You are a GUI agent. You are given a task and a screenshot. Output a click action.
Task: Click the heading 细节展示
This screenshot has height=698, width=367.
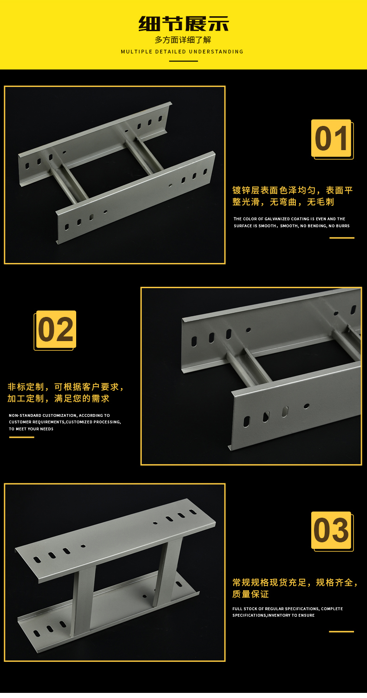183,24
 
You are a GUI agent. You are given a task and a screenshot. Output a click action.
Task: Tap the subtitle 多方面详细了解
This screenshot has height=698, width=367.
183,40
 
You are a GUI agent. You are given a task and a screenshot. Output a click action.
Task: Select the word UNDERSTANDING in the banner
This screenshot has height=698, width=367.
216,52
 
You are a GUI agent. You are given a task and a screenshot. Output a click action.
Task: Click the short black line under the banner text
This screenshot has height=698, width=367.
183,61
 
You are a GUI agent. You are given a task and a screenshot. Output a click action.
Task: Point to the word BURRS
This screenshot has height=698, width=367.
342,226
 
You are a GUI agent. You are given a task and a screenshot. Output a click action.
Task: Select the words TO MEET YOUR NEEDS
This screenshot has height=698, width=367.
31,429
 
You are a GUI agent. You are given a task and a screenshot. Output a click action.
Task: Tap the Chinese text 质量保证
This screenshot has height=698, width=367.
250,594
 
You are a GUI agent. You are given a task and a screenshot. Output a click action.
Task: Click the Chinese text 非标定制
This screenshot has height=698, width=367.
26,387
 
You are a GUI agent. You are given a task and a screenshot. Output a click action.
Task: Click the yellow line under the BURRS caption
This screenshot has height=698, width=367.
342,238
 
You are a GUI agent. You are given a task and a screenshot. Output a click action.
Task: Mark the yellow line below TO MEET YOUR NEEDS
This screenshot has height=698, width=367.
21,437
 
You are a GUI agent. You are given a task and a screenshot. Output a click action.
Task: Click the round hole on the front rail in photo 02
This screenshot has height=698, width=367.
306,406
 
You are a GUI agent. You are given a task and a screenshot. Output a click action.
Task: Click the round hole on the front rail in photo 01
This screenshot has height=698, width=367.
105,212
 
